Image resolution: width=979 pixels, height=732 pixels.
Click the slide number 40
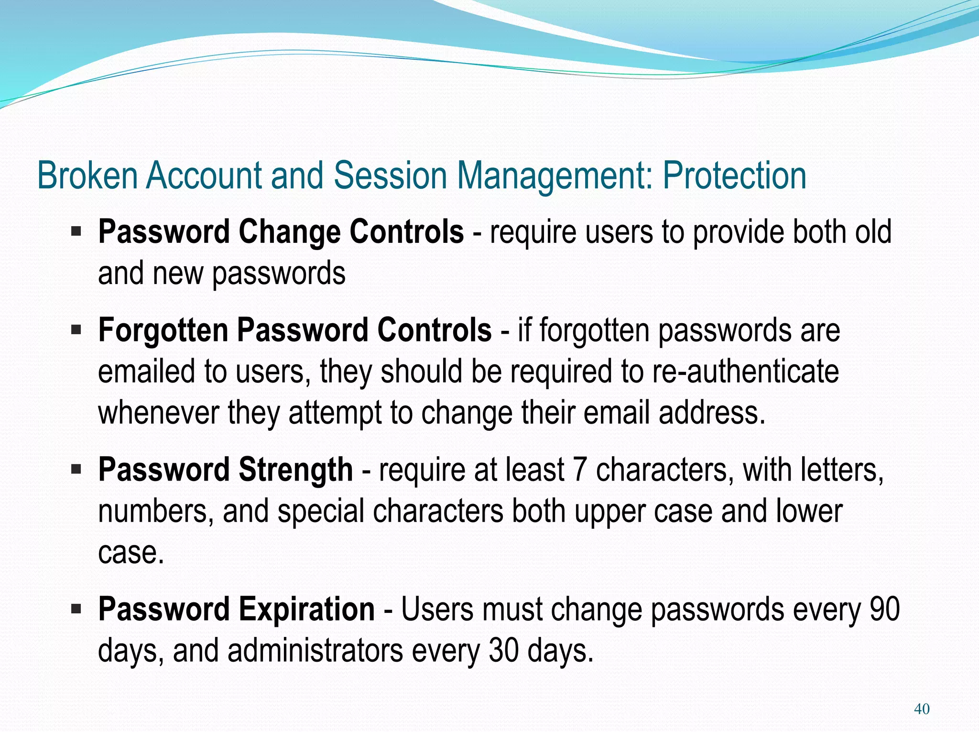pyautogui.click(x=921, y=709)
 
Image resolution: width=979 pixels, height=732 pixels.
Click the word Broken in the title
pyautogui.click(x=87, y=175)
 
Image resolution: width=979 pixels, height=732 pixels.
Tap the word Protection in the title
pyautogui.click(x=734, y=175)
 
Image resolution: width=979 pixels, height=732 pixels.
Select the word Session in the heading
pyautogui.click(x=390, y=175)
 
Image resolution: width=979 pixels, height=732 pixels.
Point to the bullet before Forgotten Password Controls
pyautogui.click(x=76, y=330)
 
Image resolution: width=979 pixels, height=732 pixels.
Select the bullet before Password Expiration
pyautogui.click(x=76, y=609)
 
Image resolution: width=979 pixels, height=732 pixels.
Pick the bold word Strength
pyautogui.click(x=295, y=470)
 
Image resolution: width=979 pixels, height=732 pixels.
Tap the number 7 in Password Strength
pyautogui.click(x=579, y=470)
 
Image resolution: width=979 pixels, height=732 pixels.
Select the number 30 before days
pyautogui.click(x=503, y=651)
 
